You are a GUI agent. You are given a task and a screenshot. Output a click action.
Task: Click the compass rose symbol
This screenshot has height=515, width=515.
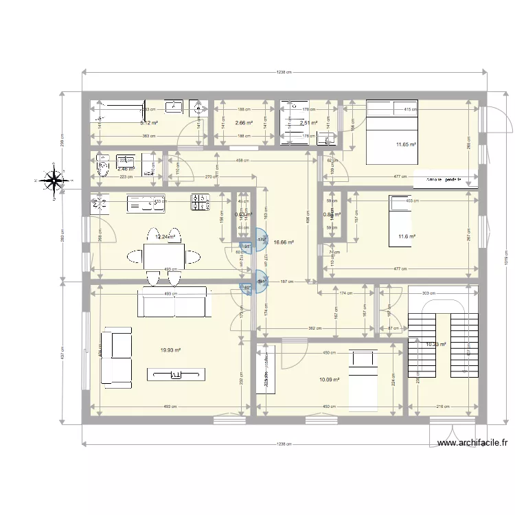coord(53,181)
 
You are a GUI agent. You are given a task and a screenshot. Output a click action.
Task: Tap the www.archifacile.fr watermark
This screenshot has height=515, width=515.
coord(473,443)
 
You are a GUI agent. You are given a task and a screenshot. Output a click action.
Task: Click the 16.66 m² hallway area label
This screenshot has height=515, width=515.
coord(284,242)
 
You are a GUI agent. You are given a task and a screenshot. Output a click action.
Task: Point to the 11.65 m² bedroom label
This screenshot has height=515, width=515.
coord(406,144)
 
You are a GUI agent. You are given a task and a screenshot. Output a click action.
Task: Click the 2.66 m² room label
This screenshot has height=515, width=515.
coord(243,124)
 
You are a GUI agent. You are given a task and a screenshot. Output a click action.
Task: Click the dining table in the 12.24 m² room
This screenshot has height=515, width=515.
coord(163,256)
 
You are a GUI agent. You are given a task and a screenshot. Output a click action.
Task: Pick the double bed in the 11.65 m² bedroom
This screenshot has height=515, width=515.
coord(391,132)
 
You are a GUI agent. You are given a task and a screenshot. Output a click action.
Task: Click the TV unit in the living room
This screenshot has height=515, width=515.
coord(176,374)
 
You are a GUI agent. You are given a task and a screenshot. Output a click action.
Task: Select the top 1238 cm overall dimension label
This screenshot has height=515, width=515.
coord(284,72)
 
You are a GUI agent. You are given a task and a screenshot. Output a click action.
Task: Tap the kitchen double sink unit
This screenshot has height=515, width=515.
coord(146,203)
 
